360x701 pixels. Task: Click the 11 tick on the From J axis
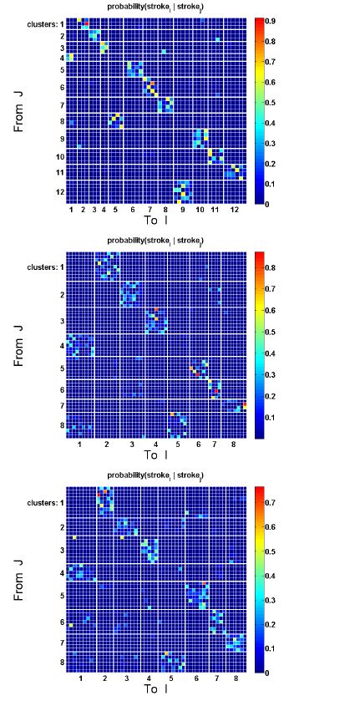[60, 172]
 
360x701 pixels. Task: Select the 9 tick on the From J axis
[60, 138]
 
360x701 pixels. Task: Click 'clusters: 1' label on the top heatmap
[43, 23]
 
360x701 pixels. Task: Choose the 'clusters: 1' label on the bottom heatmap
[43, 503]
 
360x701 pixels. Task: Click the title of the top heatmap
[156, 7]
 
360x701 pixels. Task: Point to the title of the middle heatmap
[156, 241]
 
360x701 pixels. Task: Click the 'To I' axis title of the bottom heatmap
[155, 690]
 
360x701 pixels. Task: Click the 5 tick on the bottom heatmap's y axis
[61, 596]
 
